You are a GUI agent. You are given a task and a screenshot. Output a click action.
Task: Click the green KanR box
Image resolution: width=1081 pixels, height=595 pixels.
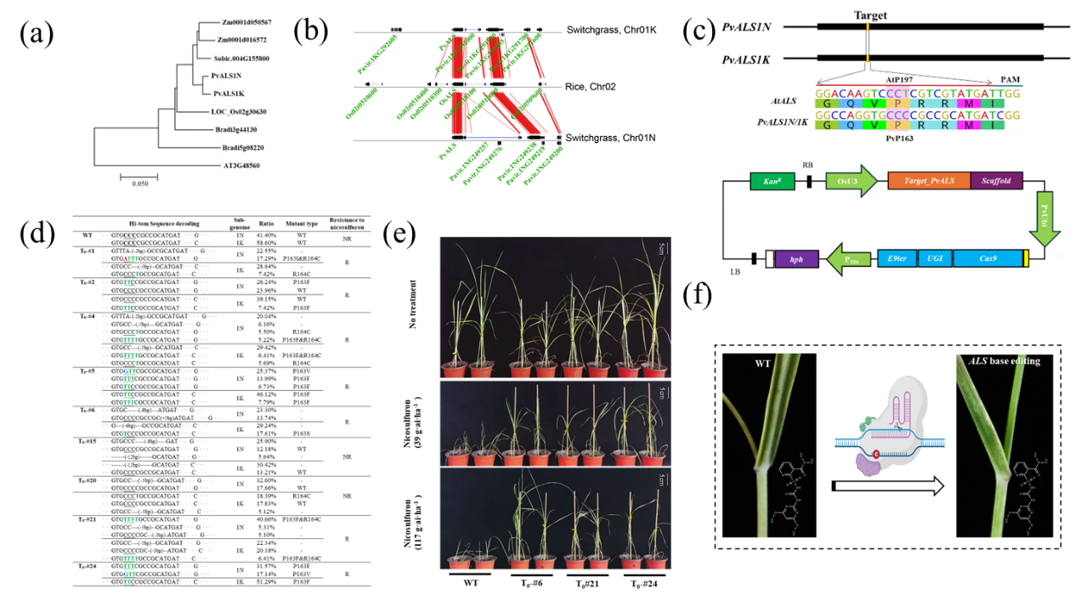pos(771,181)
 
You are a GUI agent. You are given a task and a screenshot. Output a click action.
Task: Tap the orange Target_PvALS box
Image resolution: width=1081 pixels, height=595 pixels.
pos(928,181)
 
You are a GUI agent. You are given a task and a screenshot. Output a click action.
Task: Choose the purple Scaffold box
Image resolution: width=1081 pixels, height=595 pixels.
pos(995,181)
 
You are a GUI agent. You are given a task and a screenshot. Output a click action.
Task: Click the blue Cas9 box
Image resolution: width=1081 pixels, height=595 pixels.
pos(987,258)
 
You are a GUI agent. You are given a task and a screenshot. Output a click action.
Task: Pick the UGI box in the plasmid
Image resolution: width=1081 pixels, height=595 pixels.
pos(935,258)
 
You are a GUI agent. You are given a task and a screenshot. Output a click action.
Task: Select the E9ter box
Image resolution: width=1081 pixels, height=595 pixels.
pos(897,258)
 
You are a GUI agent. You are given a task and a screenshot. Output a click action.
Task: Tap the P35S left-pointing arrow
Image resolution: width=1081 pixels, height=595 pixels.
pos(850,259)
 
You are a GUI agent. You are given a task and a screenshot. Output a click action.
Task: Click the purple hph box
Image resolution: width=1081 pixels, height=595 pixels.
pos(796,258)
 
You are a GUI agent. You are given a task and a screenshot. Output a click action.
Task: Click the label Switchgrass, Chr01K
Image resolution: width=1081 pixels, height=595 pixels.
pos(612,31)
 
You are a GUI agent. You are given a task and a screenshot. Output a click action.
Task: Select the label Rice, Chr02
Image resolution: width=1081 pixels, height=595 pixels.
pos(594,87)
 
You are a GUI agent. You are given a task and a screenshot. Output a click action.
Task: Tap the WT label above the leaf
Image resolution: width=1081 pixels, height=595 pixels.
pos(764,364)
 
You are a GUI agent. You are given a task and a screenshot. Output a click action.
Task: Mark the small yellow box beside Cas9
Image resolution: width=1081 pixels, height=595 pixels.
pos(1027,258)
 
